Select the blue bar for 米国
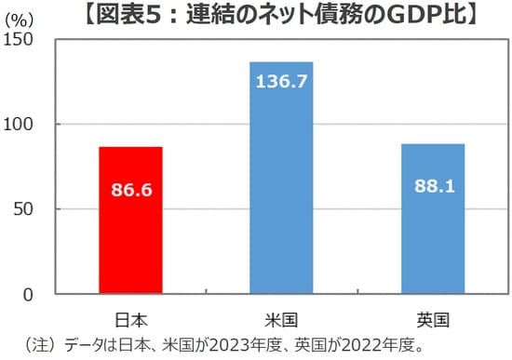click(x=281, y=186)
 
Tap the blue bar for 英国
click(x=433, y=233)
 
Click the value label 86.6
click(x=131, y=191)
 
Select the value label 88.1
click(x=433, y=186)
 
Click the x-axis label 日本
click(x=131, y=319)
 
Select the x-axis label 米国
click(x=281, y=319)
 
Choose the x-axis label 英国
click(x=433, y=319)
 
